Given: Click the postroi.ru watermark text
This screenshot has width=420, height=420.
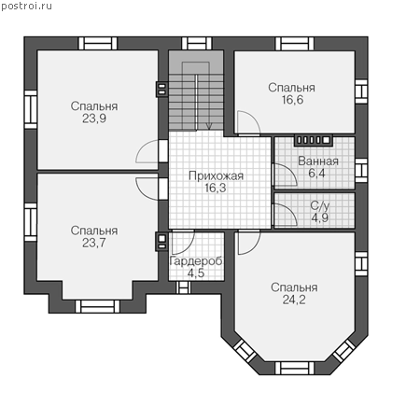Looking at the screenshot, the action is [x=26, y=7].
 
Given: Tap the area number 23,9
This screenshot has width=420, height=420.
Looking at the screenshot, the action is [x=94, y=119].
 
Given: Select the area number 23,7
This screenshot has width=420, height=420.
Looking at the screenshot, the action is [x=94, y=243].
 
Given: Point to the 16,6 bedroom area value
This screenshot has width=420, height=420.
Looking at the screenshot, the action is [x=292, y=100].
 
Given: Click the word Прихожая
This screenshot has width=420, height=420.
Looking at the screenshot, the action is [x=216, y=175].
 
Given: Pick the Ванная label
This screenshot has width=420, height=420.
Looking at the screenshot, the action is [x=318, y=161].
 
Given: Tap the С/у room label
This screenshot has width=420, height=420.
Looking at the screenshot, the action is [x=320, y=205].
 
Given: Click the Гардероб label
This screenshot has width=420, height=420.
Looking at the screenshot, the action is [x=196, y=261].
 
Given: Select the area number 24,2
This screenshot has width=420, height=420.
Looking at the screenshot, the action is [x=294, y=300].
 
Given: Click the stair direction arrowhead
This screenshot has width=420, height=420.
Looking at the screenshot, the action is [x=209, y=126].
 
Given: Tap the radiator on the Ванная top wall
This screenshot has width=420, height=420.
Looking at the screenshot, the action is [x=314, y=140].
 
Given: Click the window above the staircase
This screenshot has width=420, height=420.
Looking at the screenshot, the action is [x=197, y=43].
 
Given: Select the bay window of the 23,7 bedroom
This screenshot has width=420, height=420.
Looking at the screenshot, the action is [x=98, y=306].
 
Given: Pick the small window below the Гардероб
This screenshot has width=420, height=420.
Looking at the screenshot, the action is [x=183, y=287].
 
